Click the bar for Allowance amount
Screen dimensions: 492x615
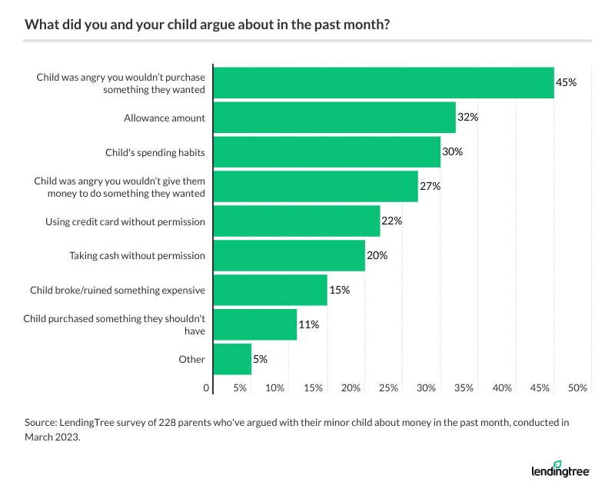point(334,118)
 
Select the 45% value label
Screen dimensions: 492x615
point(567,83)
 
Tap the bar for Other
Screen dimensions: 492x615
point(232,359)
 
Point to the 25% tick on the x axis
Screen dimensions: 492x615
point(388,388)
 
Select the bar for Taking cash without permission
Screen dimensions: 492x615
point(289,255)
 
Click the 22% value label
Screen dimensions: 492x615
point(392,221)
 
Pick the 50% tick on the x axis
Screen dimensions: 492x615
point(577,388)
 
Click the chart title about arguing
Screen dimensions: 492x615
point(207,24)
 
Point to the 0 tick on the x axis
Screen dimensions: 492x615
point(207,388)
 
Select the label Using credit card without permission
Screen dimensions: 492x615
point(125,221)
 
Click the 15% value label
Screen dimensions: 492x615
point(339,290)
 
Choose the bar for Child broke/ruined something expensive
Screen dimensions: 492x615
point(270,290)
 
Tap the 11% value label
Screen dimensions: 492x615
point(308,324)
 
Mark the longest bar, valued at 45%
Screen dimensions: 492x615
point(384,83)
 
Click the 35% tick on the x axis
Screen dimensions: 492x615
point(464,388)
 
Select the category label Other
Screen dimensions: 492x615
point(192,359)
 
